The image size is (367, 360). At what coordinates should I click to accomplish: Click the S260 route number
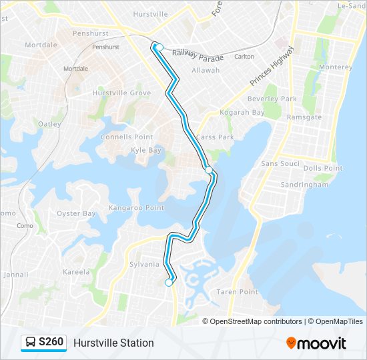[x=51, y=343]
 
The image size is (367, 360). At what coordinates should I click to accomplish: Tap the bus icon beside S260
[x=30, y=343]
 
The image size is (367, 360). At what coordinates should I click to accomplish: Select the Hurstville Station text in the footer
[x=113, y=343]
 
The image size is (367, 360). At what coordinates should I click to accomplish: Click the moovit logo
[x=316, y=343]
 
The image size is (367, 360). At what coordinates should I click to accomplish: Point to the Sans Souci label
[x=280, y=163]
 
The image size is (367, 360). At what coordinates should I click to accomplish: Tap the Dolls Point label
[x=323, y=168]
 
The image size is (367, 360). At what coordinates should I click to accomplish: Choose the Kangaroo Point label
[x=137, y=208]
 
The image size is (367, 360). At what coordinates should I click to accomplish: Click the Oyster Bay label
[x=76, y=213]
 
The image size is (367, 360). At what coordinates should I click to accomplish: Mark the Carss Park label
[x=215, y=137]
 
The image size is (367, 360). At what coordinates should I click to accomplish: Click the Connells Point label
[x=126, y=137]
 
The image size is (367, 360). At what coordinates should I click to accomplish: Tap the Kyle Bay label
[x=146, y=150]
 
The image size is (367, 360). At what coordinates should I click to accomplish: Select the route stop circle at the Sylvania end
[x=169, y=283]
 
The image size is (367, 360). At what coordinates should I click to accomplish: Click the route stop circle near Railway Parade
[x=159, y=47]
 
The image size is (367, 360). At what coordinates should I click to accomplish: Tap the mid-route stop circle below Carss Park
[x=209, y=170]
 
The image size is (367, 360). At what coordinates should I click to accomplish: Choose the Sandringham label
[x=305, y=185]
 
